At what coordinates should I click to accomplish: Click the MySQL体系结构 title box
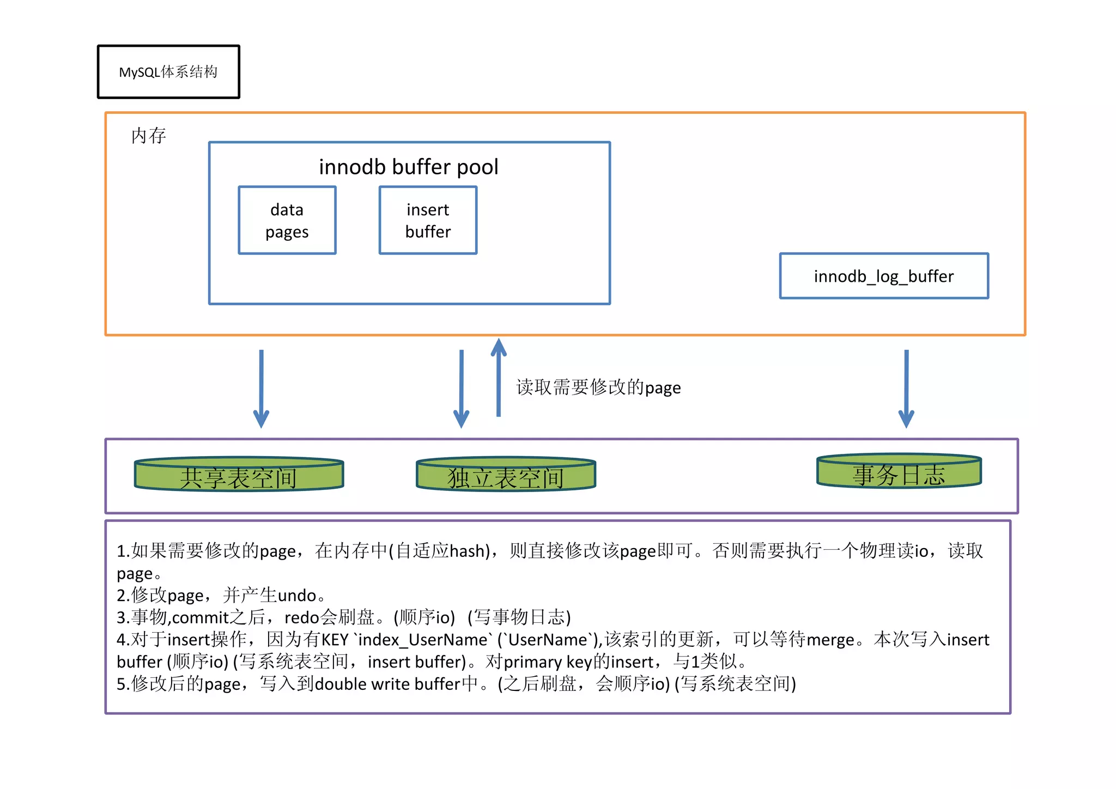[168, 72]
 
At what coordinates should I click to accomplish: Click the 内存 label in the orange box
[148, 136]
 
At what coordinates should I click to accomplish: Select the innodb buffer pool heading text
[408, 167]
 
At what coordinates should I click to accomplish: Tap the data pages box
[287, 220]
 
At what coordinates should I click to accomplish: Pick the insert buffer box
[428, 220]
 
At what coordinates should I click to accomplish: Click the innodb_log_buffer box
[883, 276]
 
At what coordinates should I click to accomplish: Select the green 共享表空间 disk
[239, 475]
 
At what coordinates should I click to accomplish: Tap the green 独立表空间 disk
[506, 475]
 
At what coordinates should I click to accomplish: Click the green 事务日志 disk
[899, 472]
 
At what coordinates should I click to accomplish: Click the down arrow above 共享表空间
[261, 389]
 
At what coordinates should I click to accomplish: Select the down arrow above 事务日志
[906, 389]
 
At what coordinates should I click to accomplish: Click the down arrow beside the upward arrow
[462, 389]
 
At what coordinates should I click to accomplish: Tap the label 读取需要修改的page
[598, 387]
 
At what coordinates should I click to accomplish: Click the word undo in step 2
[297, 595]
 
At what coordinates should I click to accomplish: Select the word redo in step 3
[301, 617]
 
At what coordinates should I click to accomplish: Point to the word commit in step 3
[200, 617]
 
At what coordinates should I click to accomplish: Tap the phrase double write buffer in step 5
[387, 684]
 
